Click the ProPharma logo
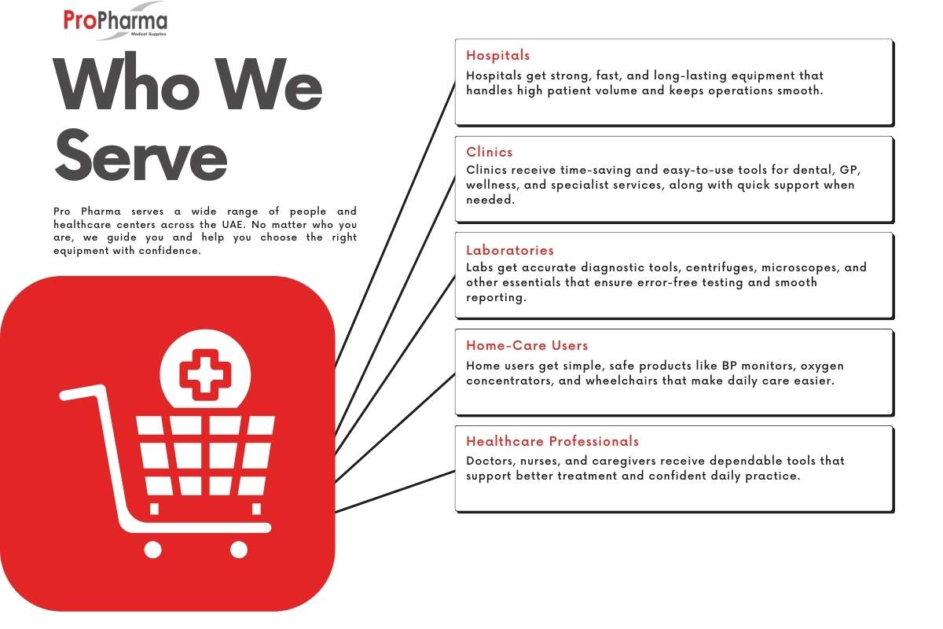(x=115, y=22)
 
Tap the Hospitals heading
(x=498, y=56)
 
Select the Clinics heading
(x=490, y=153)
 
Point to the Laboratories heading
(x=510, y=251)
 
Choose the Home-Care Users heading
(x=527, y=346)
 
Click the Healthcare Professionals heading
(x=552, y=442)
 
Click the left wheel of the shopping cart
(x=152, y=549)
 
